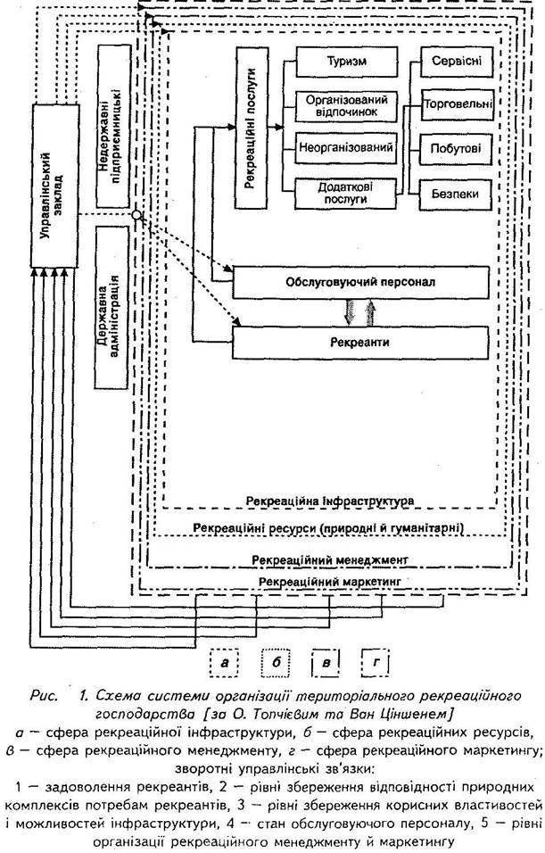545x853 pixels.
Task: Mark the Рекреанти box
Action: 360,341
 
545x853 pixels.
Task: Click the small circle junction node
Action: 135,216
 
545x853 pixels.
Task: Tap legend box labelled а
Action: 226,662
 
